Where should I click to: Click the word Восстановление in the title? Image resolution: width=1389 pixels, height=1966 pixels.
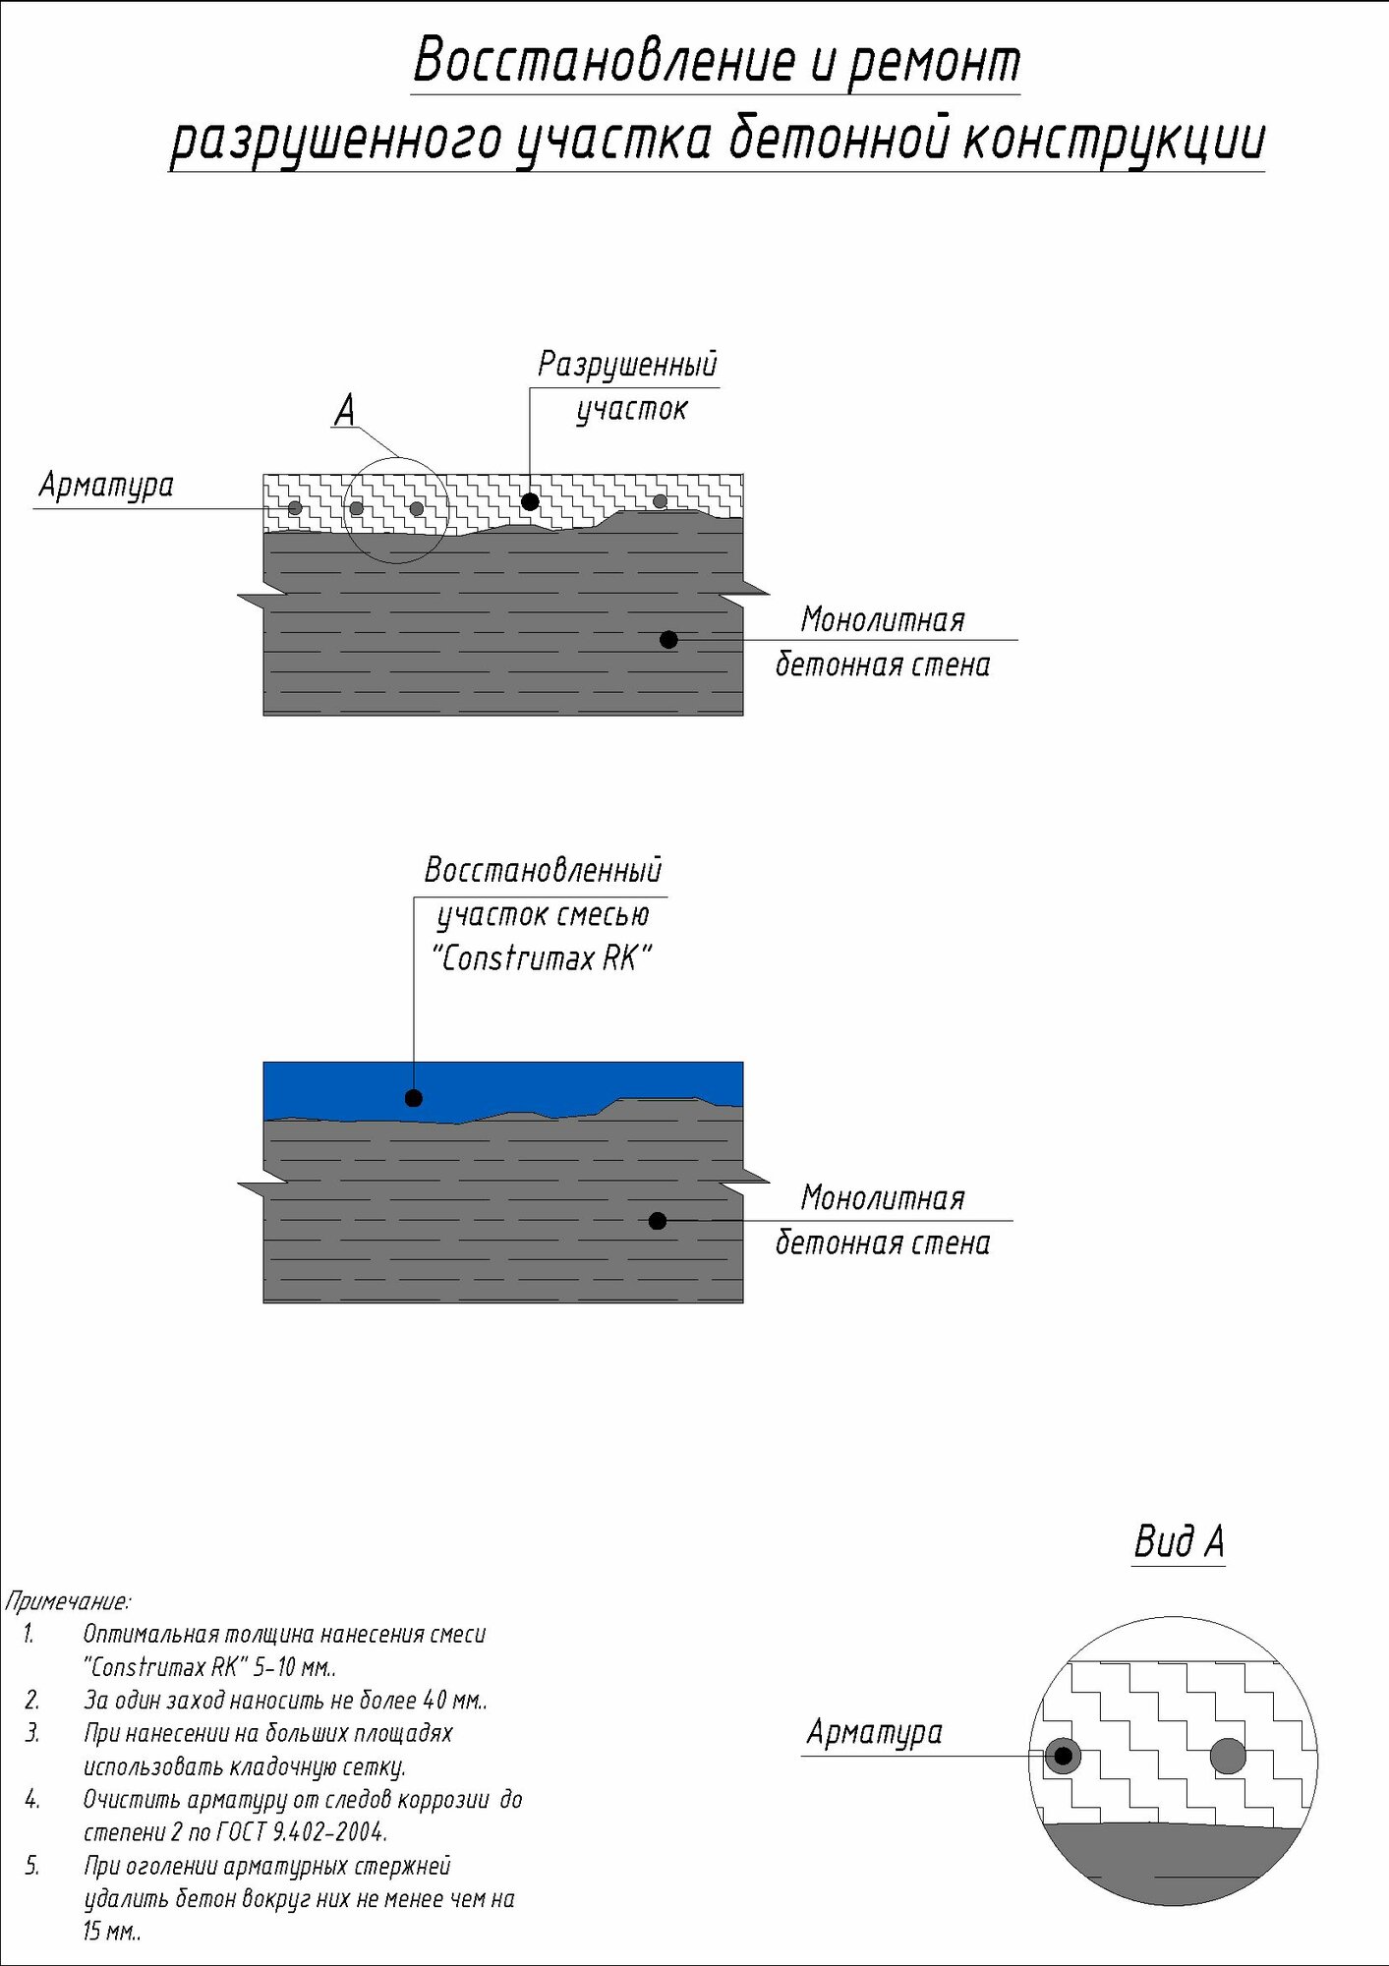[603, 61]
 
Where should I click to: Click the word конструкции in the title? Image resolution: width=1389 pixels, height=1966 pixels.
[1114, 140]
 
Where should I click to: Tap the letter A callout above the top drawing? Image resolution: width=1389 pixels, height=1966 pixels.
[344, 410]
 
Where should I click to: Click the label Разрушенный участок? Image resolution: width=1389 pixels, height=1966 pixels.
[628, 385]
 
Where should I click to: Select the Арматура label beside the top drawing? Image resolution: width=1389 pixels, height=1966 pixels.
[106, 485]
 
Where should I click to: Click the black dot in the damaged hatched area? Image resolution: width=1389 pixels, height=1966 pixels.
[530, 501]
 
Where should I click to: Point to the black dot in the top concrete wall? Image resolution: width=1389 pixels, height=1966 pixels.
[668, 640]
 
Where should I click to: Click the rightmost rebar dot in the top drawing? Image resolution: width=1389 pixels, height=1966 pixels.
[660, 501]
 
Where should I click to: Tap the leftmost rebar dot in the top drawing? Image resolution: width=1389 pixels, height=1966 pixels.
[295, 508]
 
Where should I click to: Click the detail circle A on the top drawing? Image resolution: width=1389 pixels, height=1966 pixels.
[396, 509]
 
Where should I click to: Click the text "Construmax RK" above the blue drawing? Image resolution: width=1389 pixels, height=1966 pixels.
[542, 957]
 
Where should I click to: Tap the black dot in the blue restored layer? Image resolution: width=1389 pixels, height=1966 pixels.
[414, 1098]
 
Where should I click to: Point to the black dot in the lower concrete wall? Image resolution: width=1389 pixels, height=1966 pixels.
[658, 1221]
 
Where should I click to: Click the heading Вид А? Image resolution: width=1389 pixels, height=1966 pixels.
[1179, 1541]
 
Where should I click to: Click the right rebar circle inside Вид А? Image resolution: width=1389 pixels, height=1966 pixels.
[1228, 1756]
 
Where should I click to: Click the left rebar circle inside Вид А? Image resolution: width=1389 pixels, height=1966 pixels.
[1063, 1756]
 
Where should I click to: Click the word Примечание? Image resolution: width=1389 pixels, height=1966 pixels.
[68, 1600]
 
